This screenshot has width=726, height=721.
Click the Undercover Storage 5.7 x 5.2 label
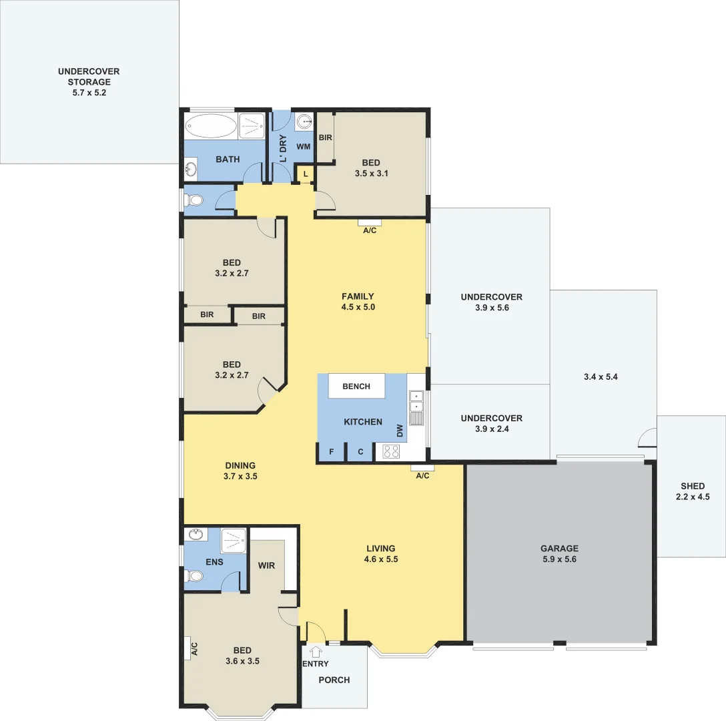tap(89, 82)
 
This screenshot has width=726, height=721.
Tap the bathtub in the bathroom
tap(210, 125)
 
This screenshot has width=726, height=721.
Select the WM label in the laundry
tap(303, 146)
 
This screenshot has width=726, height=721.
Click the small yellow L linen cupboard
tap(306, 174)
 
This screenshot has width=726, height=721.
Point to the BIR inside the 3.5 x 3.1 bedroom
tap(325, 138)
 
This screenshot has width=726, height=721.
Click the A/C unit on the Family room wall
tap(370, 222)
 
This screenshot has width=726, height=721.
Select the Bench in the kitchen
tap(357, 387)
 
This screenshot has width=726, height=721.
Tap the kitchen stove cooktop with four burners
tap(390, 452)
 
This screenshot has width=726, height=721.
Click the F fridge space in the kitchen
tap(332, 452)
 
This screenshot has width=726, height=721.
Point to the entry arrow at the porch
tap(316, 652)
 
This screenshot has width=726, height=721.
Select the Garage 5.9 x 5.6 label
tap(559, 553)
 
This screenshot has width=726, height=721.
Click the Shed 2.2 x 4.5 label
tap(693, 491)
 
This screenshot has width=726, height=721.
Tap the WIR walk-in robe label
tap(267, 565)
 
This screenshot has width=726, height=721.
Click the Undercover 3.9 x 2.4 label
tap(491, 423)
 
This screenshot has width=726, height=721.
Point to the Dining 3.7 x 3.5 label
tap(240, 471)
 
